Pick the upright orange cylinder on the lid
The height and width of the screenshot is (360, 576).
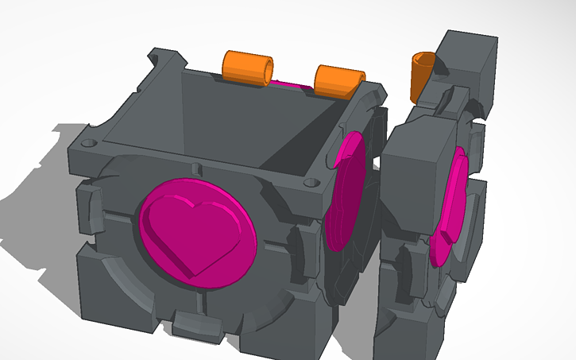pyautogui.click(x=422, y=76)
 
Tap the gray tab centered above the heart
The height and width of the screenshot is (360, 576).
pyautogui.click(x=195, y=169)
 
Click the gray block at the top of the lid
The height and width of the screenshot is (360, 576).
pyautogui.click(x=469, y=60)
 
